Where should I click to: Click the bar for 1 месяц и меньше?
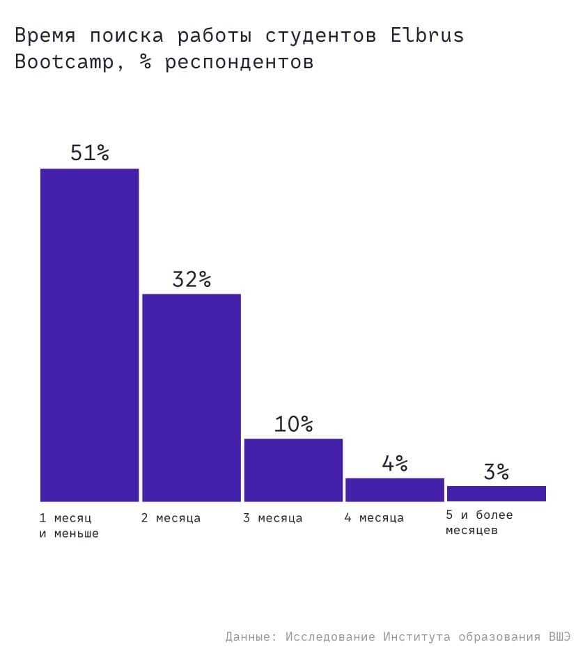pyautogui.click(x=89, y=334)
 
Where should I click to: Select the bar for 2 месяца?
pyautogui.click(x=192, y=397)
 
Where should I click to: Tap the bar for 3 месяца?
pyautogui.click(x=293, y=469)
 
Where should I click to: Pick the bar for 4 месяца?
pyautogui.click(x=395, y=490)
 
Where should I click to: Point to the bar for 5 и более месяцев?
pyautogui.click(x=497, y=494)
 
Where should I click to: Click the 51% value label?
pyautogui.click(x=90, y=153)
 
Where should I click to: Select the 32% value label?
pyautogui.click(x=192, y=279)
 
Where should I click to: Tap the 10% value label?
pyautogui.click(x=293, y=423)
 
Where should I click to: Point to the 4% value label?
pyautogui.click(x=395, y=463)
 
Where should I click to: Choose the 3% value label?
pyautogui.click(x=497, y=472)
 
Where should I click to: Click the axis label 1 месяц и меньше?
pyautogui.click(x=69, y=526)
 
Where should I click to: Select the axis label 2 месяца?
pyautogui.click(x=171, y=518)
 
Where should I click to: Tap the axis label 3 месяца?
pyautogui.click(x=272, y=518)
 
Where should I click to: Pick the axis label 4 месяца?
pyautogui.click(x=374, y=518)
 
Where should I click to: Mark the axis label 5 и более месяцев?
pyautogui.click(x=479, y=522)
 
